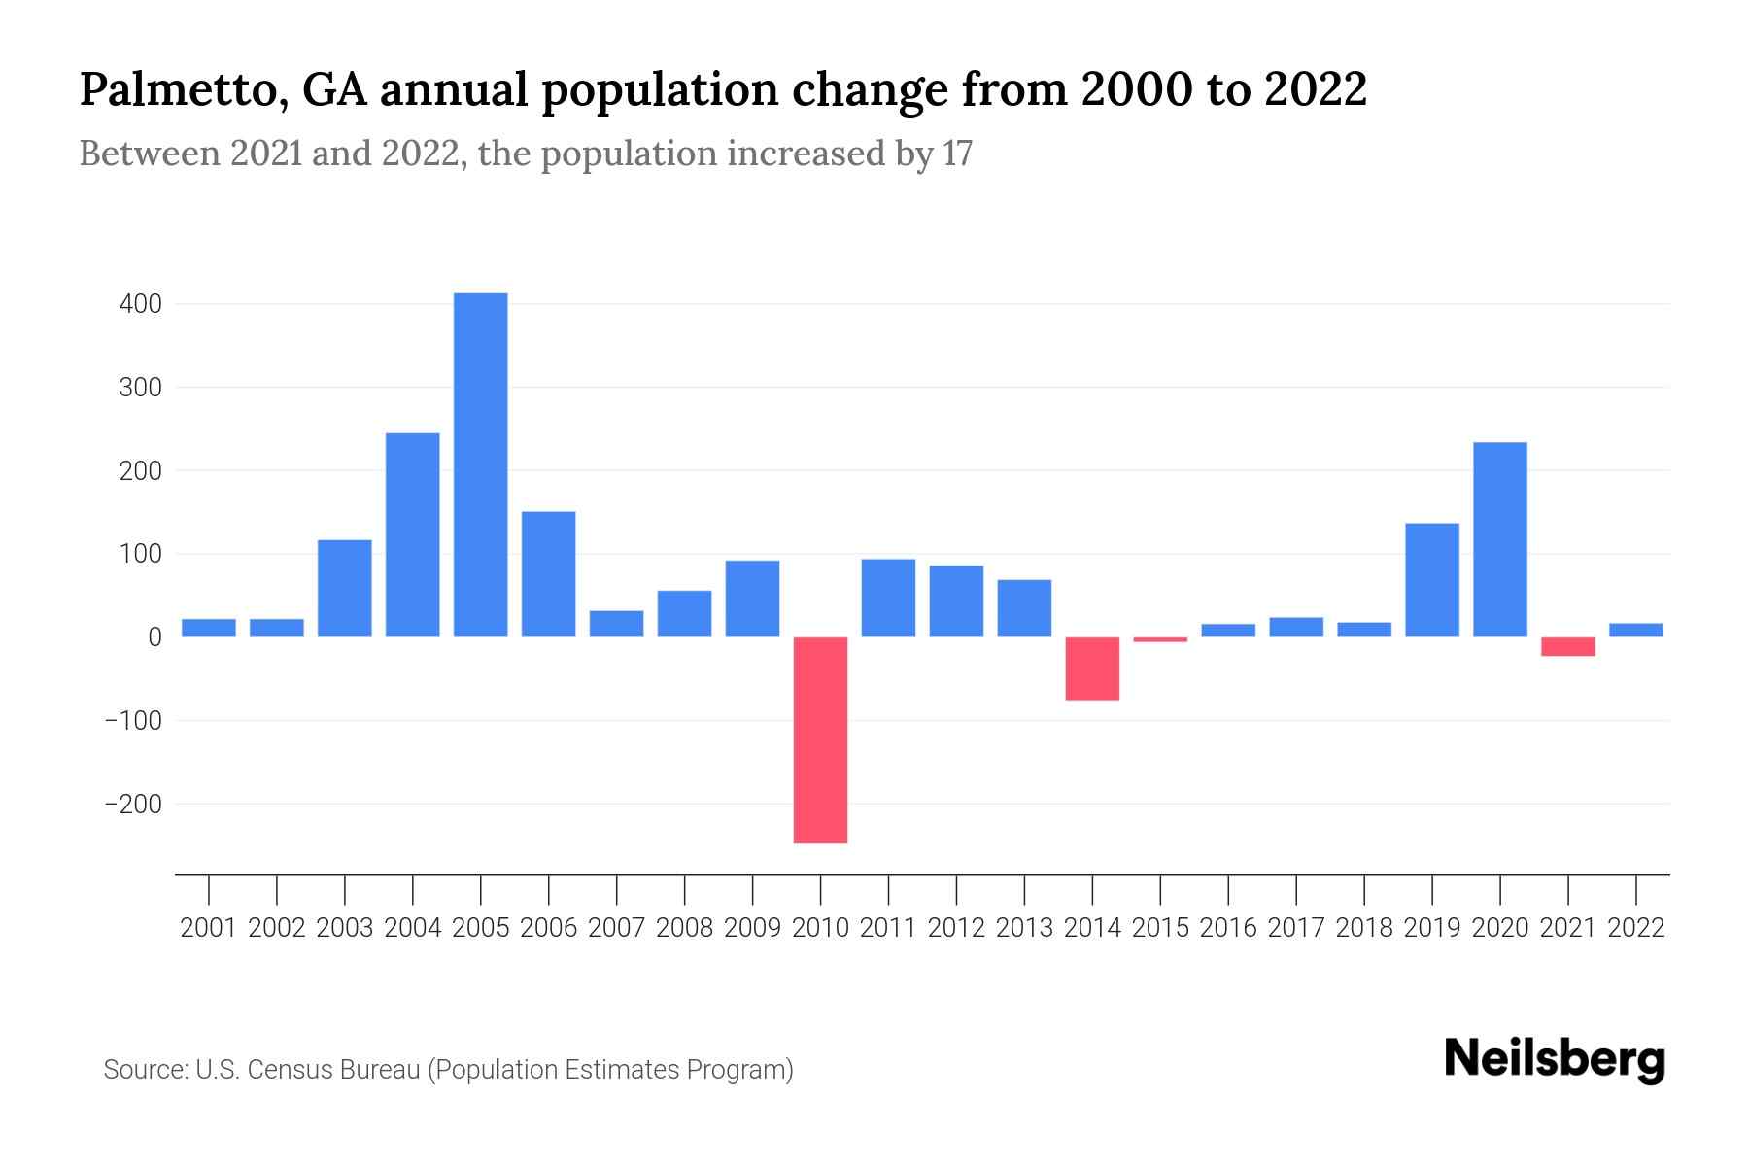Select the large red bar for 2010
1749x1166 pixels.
(x=820, y=739)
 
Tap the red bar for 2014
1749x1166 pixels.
(x=1092, y=669)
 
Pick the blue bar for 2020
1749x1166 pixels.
(x=1499, y=539)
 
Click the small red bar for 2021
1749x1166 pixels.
(x=1567, y=646)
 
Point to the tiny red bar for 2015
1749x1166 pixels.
(x=1160, y=639)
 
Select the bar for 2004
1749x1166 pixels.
(x=412, y=534)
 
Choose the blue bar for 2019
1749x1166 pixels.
(x=1431, y=579)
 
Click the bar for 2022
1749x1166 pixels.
(x=1635, y=630)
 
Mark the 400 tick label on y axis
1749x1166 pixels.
(x=141, y=304)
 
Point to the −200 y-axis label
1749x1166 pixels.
(x=133, y=804)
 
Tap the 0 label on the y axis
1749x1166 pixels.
(x=154, y=637)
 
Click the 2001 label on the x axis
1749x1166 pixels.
(x=208, y=928)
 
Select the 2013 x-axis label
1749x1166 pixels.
(x=1024, y=928)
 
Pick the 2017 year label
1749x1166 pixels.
(x=1295, y=928)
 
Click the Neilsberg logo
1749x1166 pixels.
(x=1554, y=1059)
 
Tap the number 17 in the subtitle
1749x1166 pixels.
(x=956, y=154)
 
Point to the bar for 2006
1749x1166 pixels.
(x=548, y=573)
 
